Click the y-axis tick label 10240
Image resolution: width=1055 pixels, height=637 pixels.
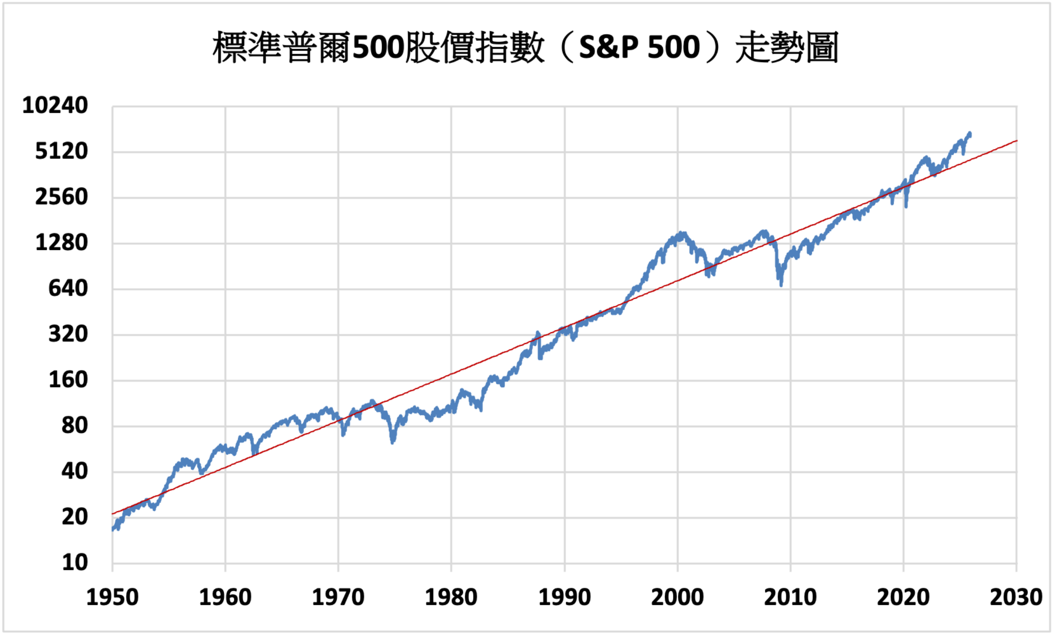coord(55,106)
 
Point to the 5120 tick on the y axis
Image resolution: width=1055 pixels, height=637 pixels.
coord(62,152)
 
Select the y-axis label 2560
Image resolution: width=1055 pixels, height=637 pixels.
coord(62,197)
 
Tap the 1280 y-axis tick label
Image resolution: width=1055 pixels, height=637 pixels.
coord(62,243)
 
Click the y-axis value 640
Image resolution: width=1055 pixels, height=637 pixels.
coord(68,289)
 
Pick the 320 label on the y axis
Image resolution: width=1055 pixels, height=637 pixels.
coord(68,334)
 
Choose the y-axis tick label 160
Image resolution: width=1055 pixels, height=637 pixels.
coord(68,380)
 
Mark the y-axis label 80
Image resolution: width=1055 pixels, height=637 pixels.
coord(75,426)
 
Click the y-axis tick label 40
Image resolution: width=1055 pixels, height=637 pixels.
coord(75,472)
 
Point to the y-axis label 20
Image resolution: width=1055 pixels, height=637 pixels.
coord(75,517)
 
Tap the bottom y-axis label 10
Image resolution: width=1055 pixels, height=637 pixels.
coord(75,563)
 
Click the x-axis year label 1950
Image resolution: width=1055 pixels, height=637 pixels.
coord(113,598)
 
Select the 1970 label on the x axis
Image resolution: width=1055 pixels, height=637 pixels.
coord(338,598)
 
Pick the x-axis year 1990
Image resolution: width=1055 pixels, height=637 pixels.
coord(564,598)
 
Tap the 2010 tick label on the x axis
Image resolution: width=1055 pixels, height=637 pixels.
coord(790,598)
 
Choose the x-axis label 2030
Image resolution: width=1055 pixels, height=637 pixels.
coord(1016,598)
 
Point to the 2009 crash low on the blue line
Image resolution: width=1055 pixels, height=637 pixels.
coord(781,285)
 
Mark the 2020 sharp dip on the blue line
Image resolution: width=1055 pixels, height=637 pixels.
coord(906,206)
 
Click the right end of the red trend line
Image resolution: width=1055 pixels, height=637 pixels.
coord(1016,141)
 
